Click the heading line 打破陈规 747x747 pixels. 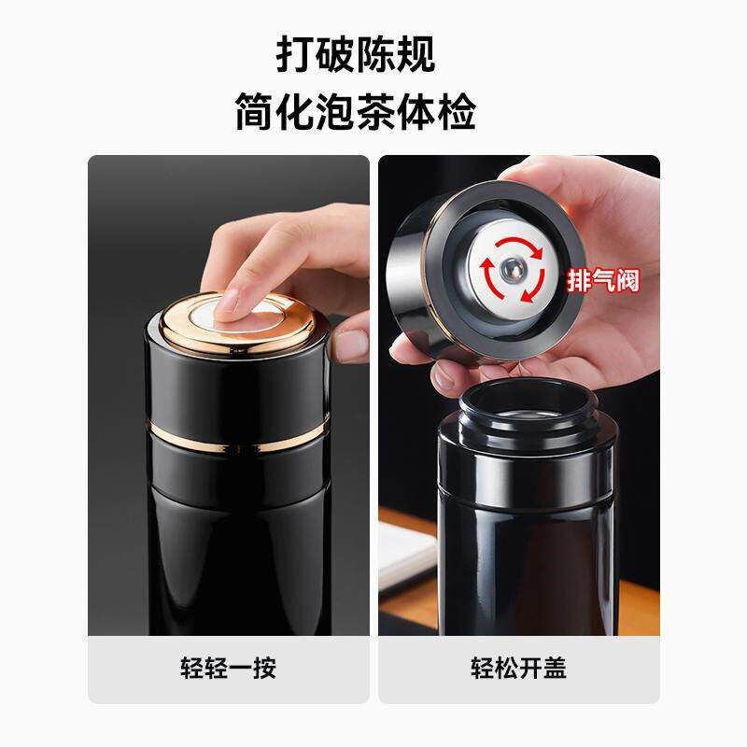[355, 53]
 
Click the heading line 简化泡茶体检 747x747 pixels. [355, 113]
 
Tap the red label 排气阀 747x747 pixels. [603, 278]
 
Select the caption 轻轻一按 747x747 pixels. [228, 668]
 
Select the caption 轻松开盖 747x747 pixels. [518, 668]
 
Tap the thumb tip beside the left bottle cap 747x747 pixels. [351, 344]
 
